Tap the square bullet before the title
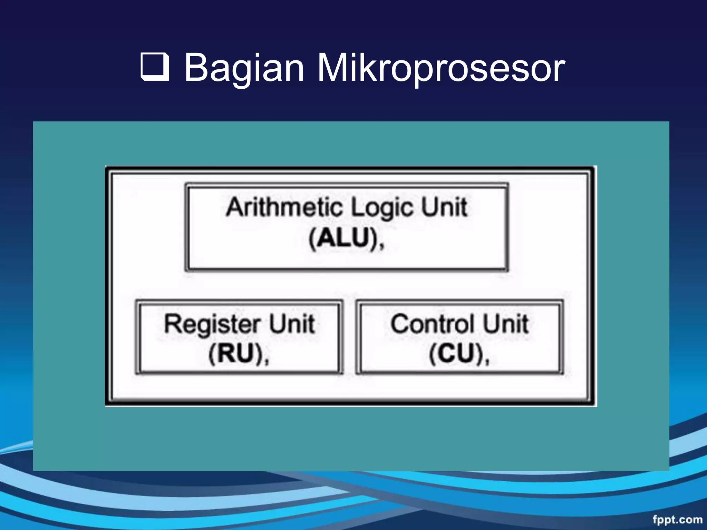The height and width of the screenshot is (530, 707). pos(155,67)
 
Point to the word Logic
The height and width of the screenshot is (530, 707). pos(381,208)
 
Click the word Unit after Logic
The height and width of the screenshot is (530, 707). pos(444,207)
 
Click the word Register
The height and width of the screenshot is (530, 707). pos(212,324)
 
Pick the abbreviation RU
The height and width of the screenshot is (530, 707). pos(235,354)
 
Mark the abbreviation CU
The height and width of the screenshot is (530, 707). pos(456,354)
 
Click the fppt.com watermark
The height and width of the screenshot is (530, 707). pos(677,519)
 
